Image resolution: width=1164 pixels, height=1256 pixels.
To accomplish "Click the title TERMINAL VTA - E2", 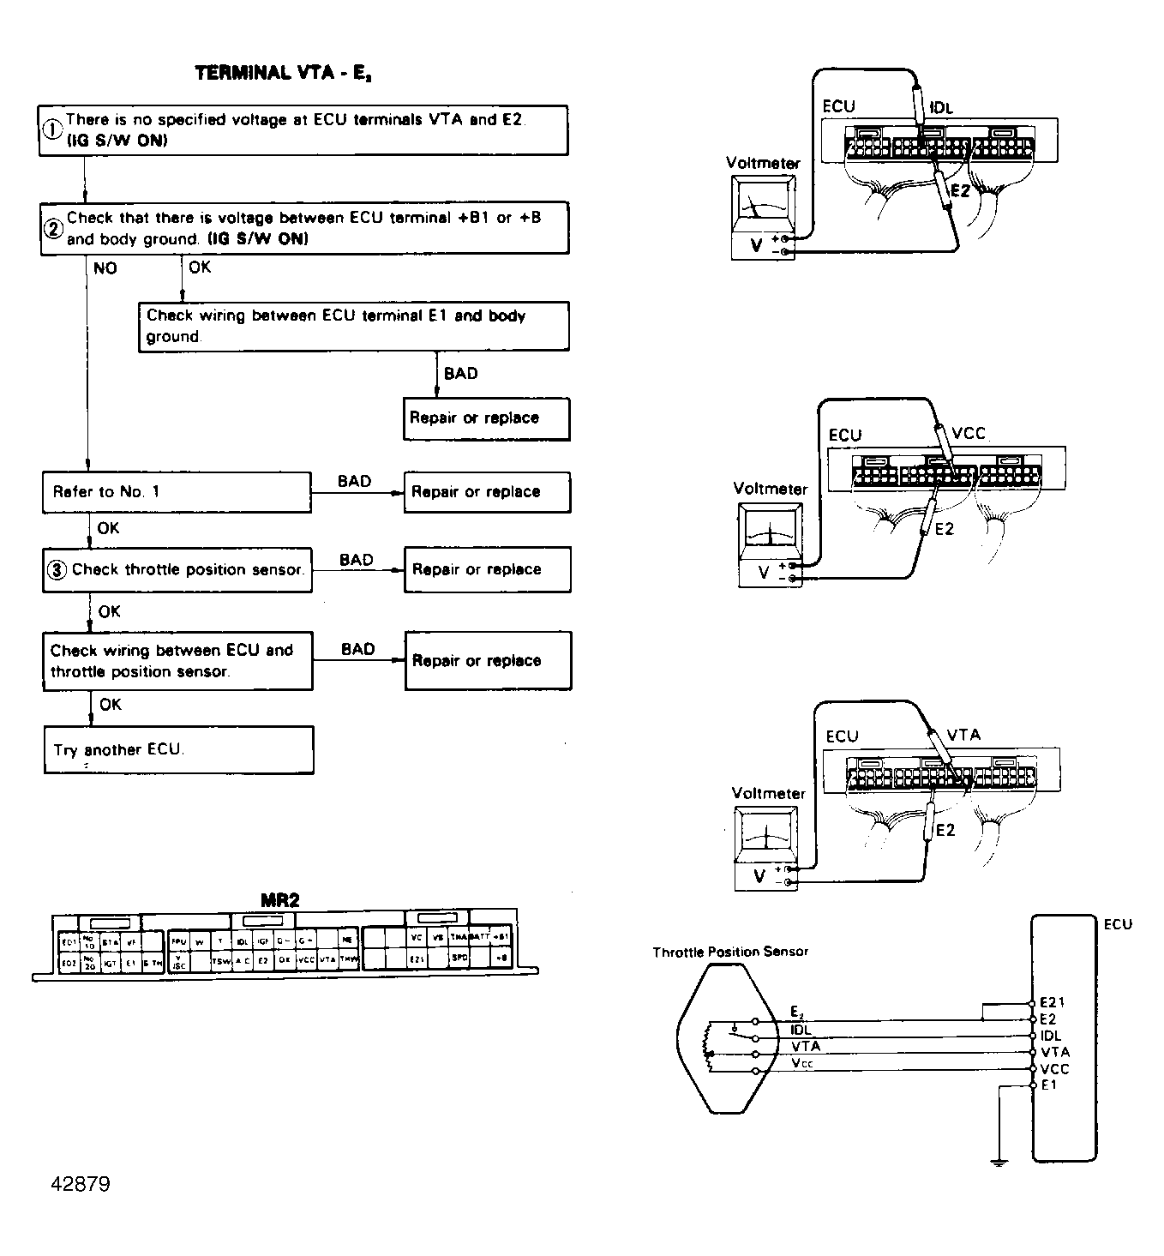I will (x=282, y=73).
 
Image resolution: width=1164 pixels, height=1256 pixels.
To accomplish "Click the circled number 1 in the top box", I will (x=52, y=129).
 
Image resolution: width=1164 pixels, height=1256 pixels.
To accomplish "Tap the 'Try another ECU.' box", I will (x=178, y=749).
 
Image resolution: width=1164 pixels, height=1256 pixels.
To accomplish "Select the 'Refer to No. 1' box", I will (x=177, y=492).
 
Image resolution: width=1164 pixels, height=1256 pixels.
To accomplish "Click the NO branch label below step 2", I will (x=105, y=268).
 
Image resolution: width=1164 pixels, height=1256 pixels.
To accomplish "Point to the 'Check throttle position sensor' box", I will (x=177, y=569).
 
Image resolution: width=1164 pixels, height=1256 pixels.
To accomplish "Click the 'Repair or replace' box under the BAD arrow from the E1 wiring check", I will (x=486, y=418).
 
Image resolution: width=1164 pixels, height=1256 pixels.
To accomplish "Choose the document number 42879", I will (x=81, y=1184).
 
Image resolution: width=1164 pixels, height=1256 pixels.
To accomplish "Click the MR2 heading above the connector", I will (x=280, y=900).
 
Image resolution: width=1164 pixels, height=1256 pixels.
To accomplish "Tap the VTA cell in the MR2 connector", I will (x=327, y=961).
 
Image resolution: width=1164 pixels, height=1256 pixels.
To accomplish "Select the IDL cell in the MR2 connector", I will (x=243, y=941).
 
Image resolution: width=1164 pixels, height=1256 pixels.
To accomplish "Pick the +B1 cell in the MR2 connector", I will (x=501, y=937).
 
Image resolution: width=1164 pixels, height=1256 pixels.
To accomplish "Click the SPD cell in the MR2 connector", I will (x=459, y=957).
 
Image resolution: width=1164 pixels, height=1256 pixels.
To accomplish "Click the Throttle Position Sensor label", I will (x=729, y=952).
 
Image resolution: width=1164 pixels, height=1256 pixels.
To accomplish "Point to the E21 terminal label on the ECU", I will (x=1052, y=1002).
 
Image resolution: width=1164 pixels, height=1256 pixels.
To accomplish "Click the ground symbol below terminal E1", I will (x=998, y=1162).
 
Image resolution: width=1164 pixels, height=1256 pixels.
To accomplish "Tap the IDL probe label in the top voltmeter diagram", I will (x=941, y=109).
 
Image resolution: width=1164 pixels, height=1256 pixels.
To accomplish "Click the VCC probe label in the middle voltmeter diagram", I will (x=969, y=434).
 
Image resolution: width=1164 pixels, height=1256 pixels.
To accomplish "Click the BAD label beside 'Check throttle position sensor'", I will (x=356, y=560).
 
